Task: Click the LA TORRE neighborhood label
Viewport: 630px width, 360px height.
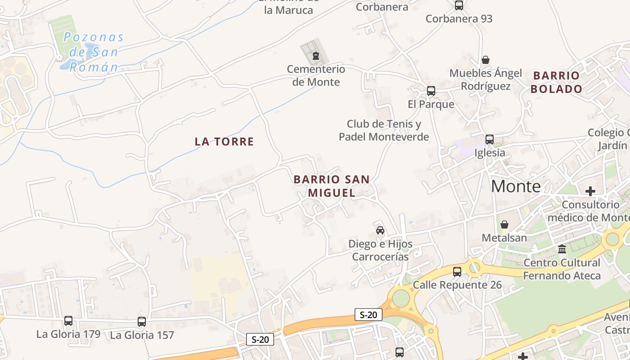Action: (224, 142)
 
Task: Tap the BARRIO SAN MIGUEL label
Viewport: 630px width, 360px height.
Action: (332, 186)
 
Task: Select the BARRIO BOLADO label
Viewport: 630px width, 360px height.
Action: (556, 82)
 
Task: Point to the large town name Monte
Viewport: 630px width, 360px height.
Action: (516, 186)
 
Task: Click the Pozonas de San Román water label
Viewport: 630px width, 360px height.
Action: (94, 52)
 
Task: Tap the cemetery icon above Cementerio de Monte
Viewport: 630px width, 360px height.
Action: (315, 56)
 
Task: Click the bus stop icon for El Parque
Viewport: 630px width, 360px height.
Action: (431, 91)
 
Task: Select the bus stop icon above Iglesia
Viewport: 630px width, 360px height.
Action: (490, 139)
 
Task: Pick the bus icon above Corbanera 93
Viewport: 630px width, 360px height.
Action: (459, 5)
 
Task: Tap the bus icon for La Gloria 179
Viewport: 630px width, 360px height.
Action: (68, 321)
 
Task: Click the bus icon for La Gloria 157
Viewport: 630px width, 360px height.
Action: (142, 322)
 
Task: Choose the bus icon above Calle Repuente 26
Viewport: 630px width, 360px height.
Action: (457, 271)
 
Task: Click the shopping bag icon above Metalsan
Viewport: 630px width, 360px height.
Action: (504, 224)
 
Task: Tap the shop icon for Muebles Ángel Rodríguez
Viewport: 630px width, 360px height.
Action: (486, 60)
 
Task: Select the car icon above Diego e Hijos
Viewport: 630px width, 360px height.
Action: (380, 230)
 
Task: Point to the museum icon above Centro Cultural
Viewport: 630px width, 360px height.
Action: (562, 249)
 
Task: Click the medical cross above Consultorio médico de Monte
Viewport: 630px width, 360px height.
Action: (590, 191)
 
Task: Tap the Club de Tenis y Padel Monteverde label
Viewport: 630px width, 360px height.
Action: (384, 130)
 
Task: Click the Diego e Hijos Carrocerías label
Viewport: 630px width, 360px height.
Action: (380, 250)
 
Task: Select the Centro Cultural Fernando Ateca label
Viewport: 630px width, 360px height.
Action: (562, 269)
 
